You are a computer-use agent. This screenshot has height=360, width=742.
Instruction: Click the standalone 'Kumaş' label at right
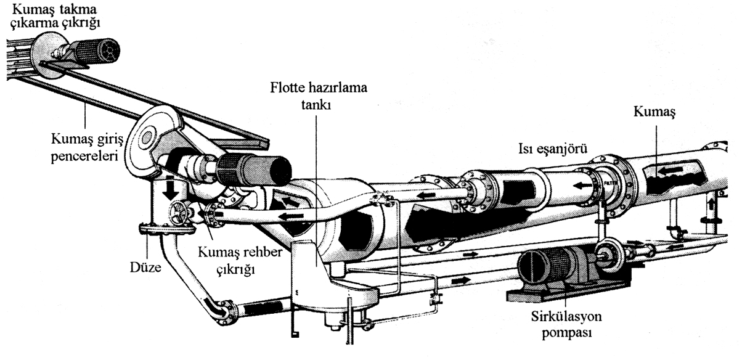point(654,113)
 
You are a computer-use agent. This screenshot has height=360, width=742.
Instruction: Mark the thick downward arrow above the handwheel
point(168,189)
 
